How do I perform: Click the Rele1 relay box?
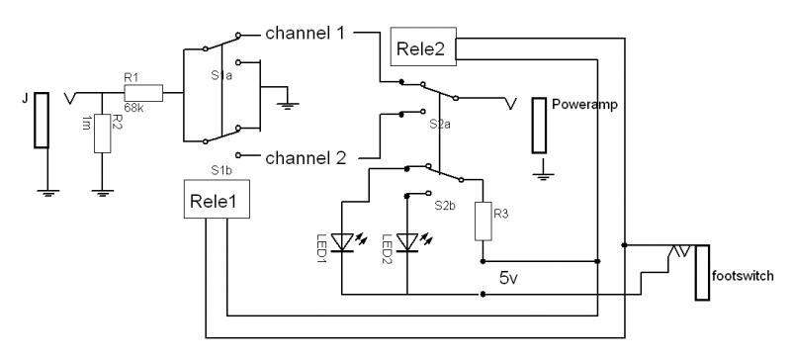tap(217, 201)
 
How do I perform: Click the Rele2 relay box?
tap(423, 46)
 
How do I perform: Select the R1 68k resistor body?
tap(143, 93)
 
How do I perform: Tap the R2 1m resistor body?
tap(103, 134)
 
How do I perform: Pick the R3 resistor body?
tap(483, 222)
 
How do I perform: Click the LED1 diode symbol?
tap(343, 242)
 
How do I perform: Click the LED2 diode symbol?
tap(408, 242)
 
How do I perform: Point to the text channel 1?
tap(305, 34)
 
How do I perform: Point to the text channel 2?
tap(306, 158)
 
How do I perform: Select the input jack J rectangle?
tap(42, 121)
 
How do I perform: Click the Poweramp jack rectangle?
tap(539, 126)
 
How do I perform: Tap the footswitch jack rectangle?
tap(702, 273)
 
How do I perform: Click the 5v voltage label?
tap(508, 278)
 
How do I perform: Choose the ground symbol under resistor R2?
tap(103, 192)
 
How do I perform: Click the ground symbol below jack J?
tap(47, 192)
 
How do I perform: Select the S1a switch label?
tap(220, 75)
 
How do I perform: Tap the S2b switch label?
tap(446, 206)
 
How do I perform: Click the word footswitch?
tap(743, 276)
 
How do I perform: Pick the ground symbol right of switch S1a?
tap(288, 106)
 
